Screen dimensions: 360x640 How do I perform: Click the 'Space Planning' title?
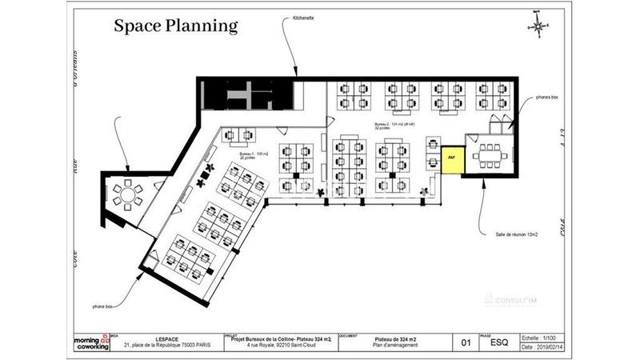[175, 26]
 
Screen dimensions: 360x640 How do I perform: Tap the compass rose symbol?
[538, 26]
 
